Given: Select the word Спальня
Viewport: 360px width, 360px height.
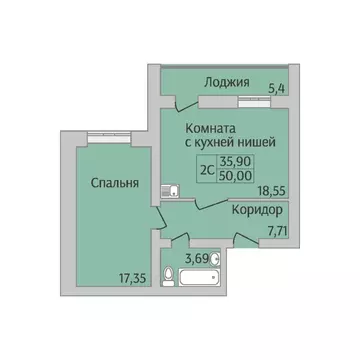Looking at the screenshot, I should pos(100,184).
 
